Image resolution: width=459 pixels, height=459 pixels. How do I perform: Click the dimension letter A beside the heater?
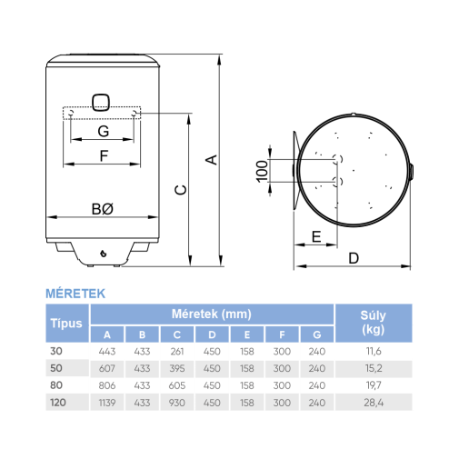[x=212, y=160]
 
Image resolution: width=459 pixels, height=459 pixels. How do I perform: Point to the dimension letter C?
[x=181, y=190]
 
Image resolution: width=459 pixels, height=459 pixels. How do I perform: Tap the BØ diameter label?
[x=103, y=209]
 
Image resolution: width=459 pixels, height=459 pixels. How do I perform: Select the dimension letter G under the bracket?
[x=104, y=132]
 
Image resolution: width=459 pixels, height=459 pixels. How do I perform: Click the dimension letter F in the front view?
[x=104, y=156]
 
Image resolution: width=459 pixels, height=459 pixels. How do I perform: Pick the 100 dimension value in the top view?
[x=262, y=172]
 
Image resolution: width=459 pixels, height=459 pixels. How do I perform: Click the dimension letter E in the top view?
[x=316, y=236]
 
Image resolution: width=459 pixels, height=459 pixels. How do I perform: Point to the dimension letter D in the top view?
[x=354, y=258]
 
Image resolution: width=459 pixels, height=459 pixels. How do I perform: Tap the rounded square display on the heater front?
[x=101, y=103]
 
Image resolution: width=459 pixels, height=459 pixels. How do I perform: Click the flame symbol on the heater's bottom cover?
[x=104, y=253]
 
